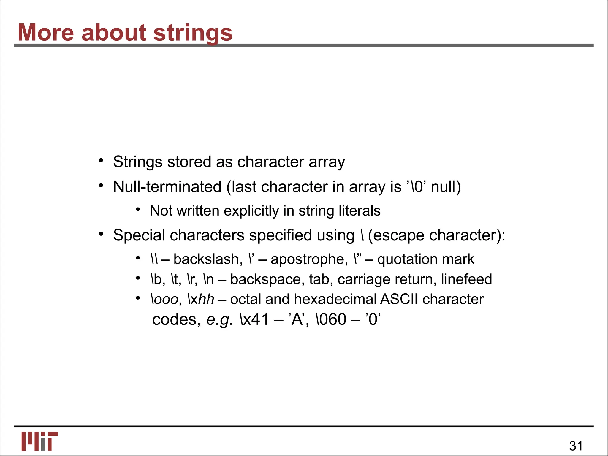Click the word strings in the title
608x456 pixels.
(193, 33)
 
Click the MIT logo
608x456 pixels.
(39, 441)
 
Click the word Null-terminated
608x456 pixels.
(167, 187)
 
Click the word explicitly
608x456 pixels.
(251, 211)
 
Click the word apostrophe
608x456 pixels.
(309, 259)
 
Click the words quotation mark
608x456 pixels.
(426, 259)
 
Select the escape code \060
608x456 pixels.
(331, 320)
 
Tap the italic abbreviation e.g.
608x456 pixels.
(219, 320)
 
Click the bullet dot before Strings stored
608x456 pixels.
(101, 161)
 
